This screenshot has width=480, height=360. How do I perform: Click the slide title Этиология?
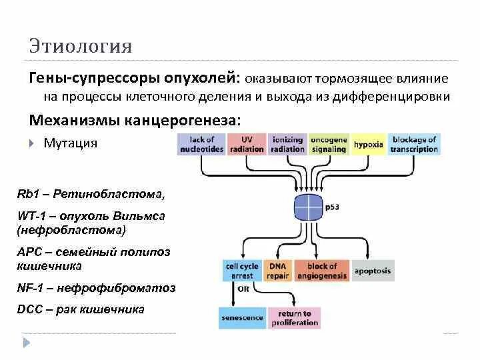[x=80, y=46]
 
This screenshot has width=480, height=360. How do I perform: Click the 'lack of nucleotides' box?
[x=201, y=145]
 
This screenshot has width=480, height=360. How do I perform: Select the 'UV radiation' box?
[x=246, y=145]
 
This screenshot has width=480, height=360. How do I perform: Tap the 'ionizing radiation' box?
[x=287, y=145]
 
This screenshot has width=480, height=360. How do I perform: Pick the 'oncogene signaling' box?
[x=329, y=145]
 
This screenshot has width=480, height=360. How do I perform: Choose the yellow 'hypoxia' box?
[x=368, y=145]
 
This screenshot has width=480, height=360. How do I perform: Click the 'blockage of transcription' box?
[x=414, y=145]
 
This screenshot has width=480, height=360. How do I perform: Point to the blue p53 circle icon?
[x=309, y=207]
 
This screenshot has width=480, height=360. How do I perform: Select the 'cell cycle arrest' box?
[x=241, y=271]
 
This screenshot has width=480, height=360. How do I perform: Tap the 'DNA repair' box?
[x=277, y=271]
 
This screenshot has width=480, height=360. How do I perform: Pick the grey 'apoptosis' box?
[x=373, y=271]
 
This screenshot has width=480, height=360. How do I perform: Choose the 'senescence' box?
[x=242, y=318]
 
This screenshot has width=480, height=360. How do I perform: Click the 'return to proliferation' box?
[x=294, y=318]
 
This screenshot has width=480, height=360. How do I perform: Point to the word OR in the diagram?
[x=243, y=289]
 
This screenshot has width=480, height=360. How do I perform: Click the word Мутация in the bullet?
[x=70, y=143]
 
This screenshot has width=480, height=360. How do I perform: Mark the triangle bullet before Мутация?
[x=32, y=143]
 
